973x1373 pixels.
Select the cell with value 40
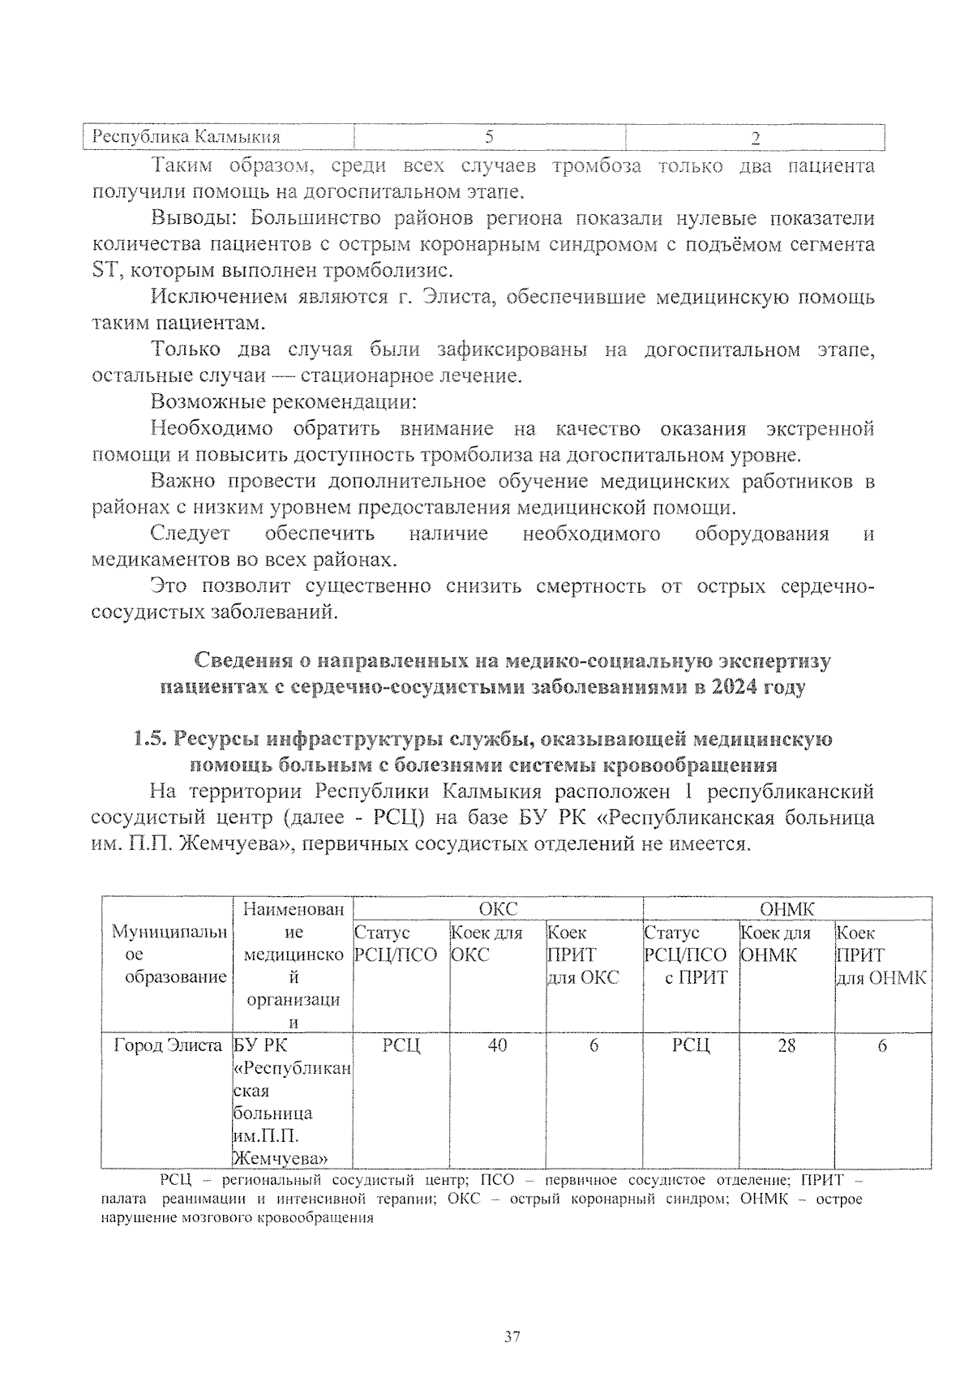tap(497, 1046)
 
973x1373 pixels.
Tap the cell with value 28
tap(787, 1046)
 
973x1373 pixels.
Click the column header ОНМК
tap(787, 909)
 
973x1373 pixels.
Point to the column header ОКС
tap(498, 909)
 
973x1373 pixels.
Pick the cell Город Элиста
tap(168, 1046)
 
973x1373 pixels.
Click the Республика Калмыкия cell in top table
tap(186, 137)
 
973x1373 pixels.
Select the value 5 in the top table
tap(490, 137)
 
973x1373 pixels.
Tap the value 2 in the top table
tap(755, 139)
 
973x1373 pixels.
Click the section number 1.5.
tap(150, 740)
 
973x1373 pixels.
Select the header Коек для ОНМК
tap(776, 945)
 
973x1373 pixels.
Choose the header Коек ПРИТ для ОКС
tap(583, 955)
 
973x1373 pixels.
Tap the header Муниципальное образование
tap(168, 955)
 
